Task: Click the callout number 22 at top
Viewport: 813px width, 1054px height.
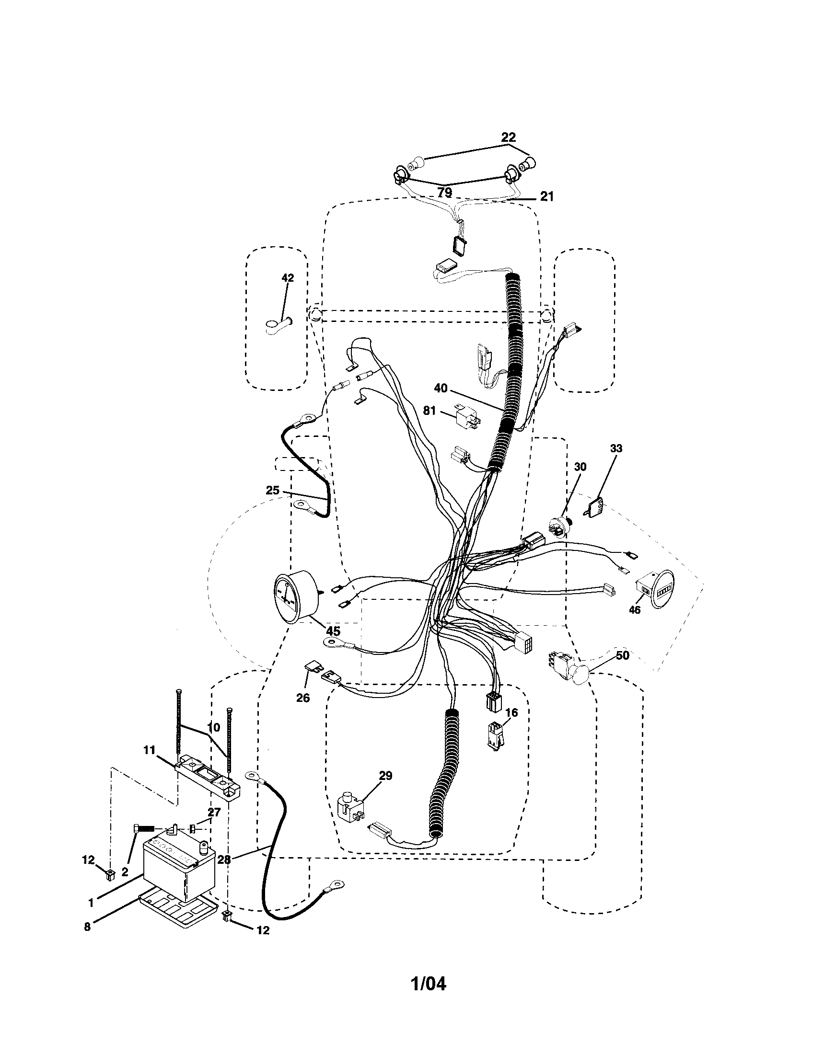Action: coord(509,137)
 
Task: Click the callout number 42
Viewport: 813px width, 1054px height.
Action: coord(288,278)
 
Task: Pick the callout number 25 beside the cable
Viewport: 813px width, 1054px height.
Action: coord(272,490)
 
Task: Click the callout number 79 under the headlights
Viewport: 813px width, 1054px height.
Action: coord(444,192)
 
